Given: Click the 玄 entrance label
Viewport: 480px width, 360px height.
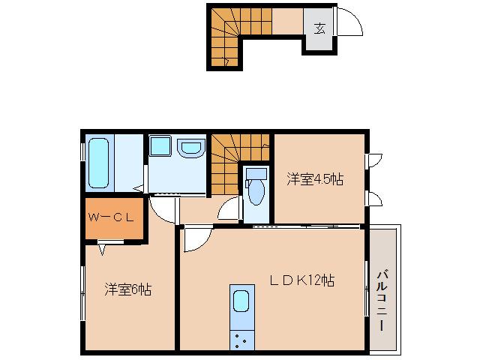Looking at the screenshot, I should tap(319, 29).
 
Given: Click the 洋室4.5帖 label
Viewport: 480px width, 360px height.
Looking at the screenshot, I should tap(315, 179).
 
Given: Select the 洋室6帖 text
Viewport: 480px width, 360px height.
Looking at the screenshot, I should tap(127, 289).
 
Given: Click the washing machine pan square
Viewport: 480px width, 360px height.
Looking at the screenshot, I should tap(160, 145).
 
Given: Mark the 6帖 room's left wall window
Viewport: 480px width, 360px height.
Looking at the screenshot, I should tap(82, 289).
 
